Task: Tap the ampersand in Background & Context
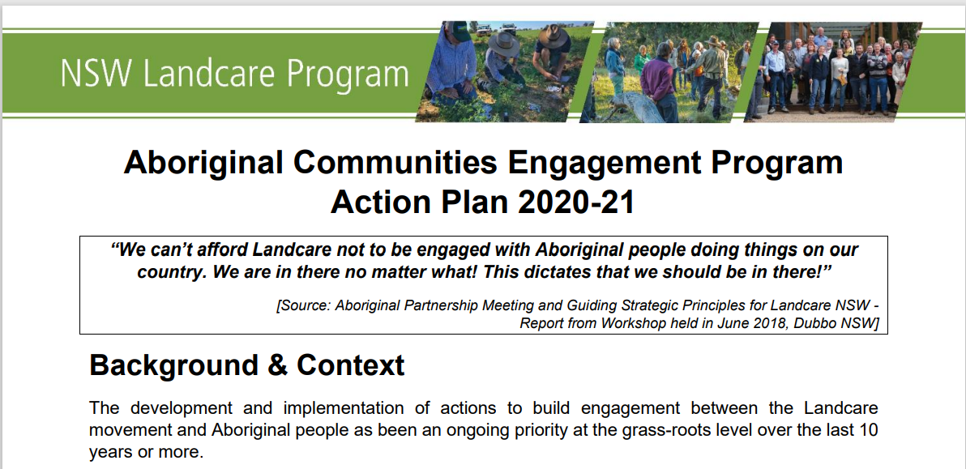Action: (x=277, y=365)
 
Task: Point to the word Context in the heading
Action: (x=351, y=365)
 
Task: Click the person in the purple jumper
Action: (x=658, y=83)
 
